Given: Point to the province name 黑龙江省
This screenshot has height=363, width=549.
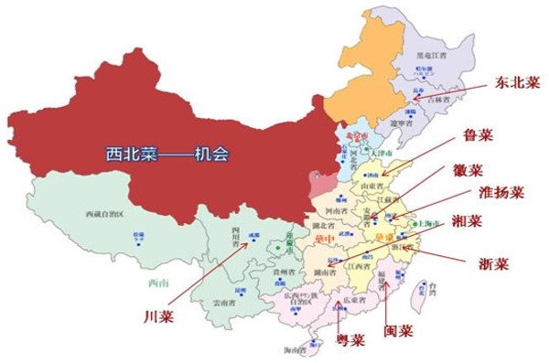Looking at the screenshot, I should tap(429, 55).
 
